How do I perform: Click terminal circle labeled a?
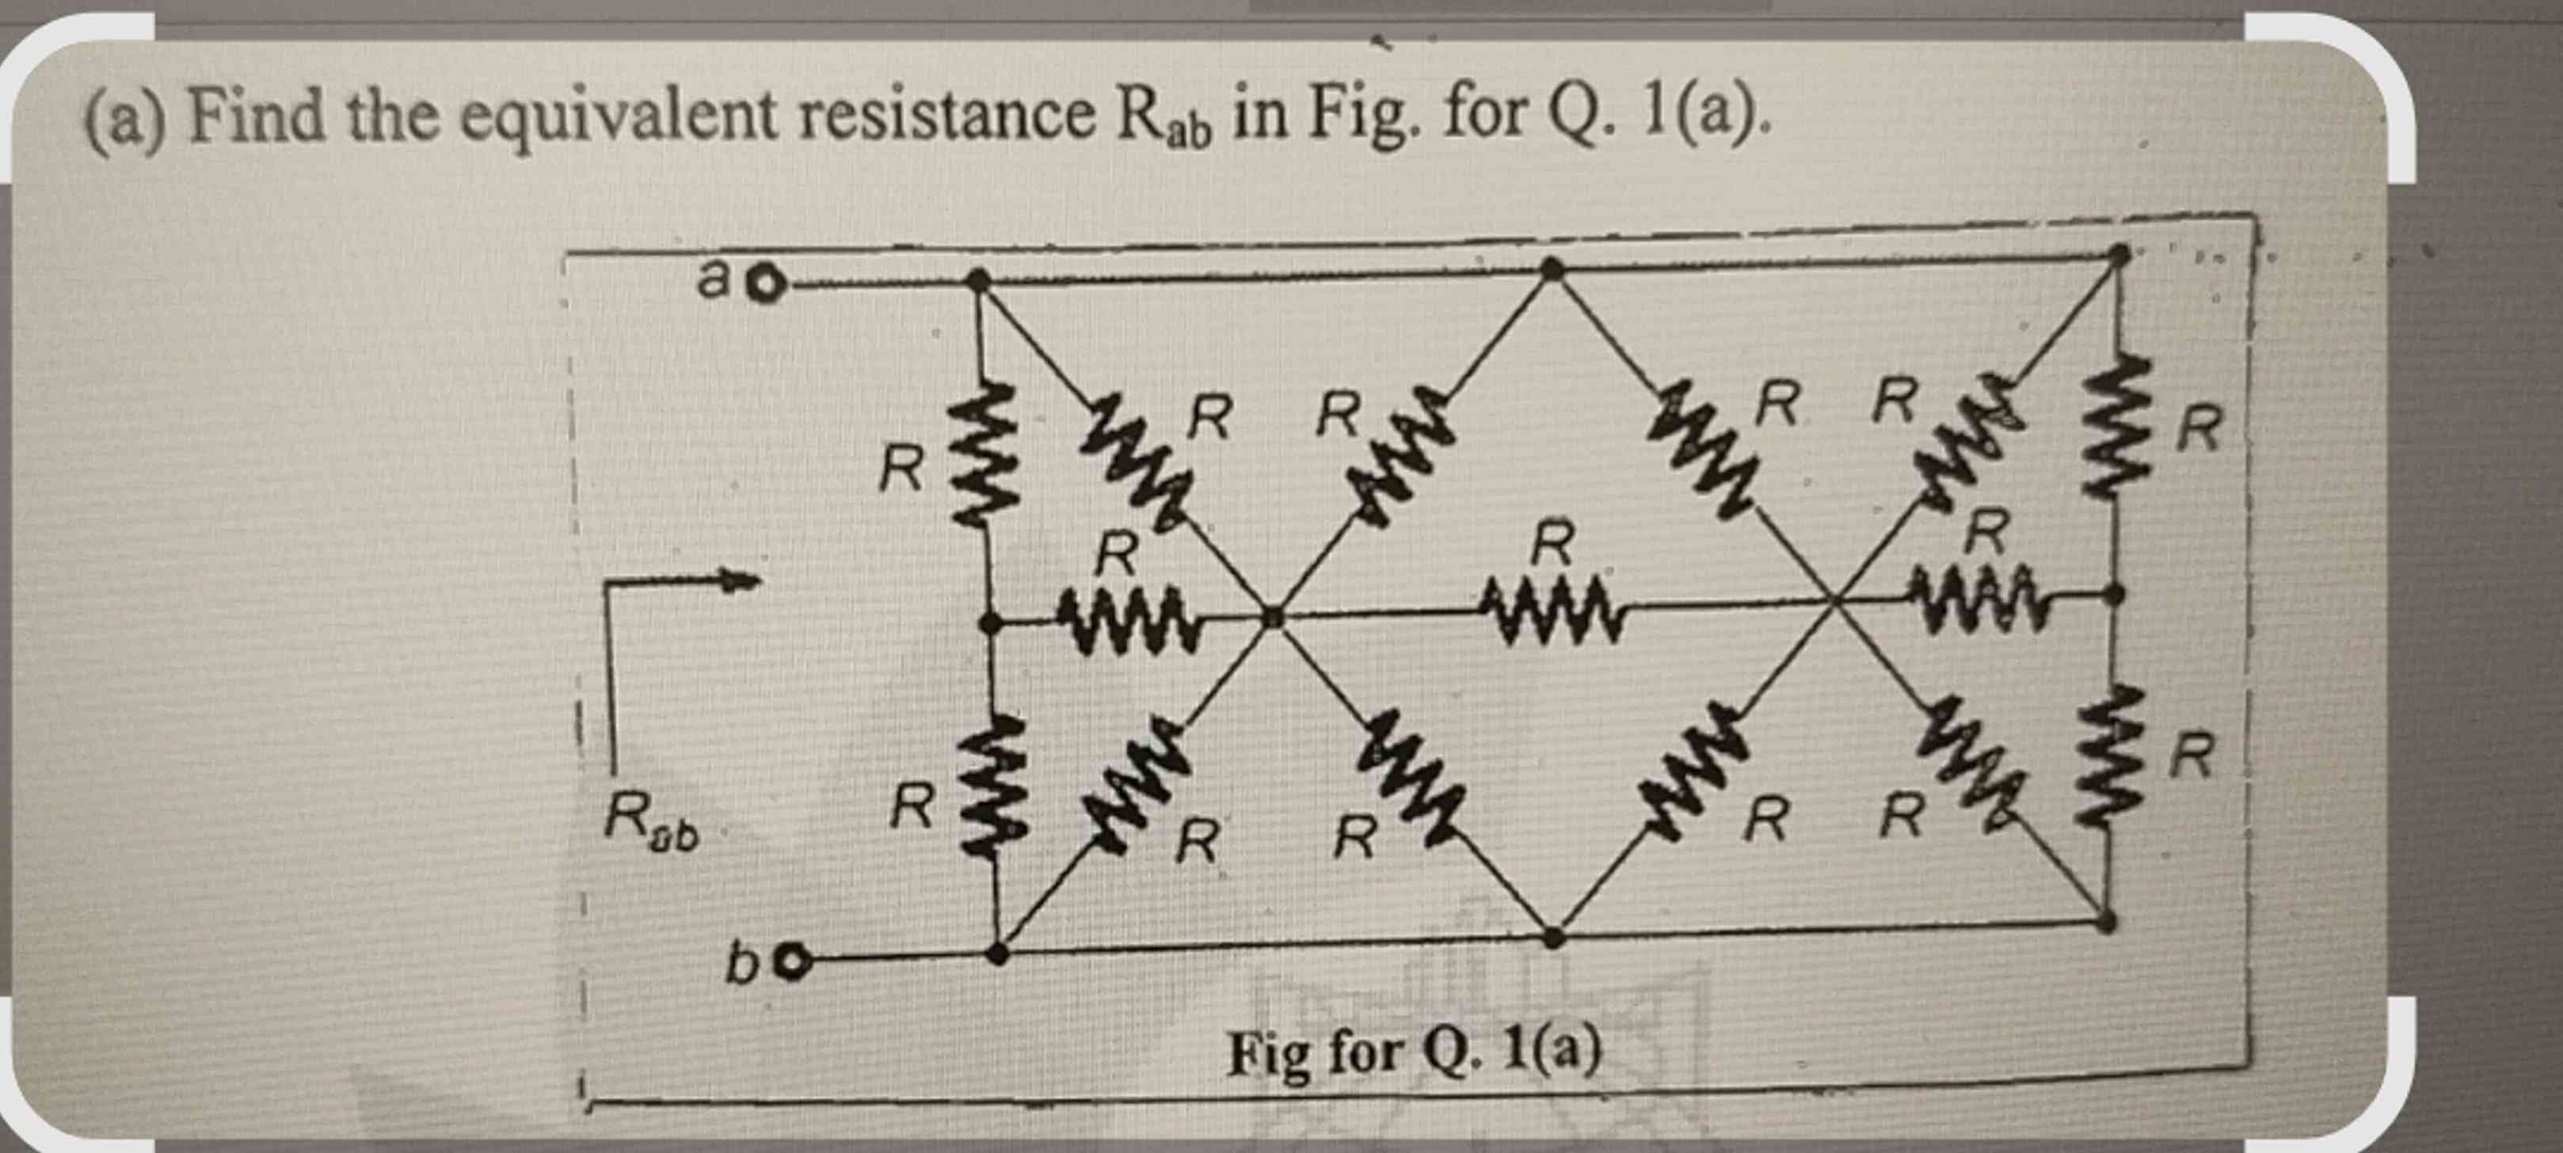[x=767, y=287]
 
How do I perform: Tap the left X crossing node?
[x=1271, y=618]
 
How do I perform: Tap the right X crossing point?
[x=1837, y=599]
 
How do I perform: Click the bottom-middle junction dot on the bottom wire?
[x=1554, y=937]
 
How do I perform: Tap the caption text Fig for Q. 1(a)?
[x=1414, y=1052]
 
